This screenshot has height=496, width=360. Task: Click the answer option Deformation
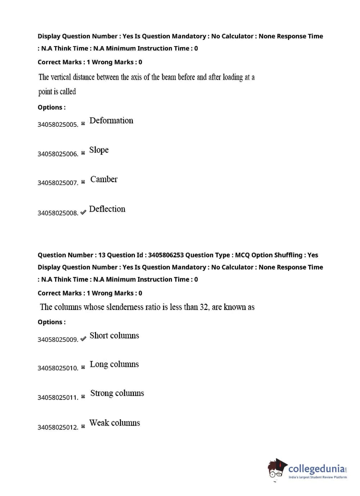coord(111,121)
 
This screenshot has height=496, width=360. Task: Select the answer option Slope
coord(99,150)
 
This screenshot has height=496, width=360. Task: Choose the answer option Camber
coord(104,179)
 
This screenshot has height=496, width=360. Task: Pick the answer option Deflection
coord(107,209)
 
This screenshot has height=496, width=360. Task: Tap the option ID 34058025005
coord(58,125)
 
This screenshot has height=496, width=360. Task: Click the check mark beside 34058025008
coord(83,212)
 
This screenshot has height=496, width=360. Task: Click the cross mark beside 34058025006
coord(83,153)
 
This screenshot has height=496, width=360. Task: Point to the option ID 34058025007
coord(58,183)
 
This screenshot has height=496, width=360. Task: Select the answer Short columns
coord(114,335)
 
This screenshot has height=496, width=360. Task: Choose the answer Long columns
coord(114,364)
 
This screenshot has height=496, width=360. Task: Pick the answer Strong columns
coord(117,393)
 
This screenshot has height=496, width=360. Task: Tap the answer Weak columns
coord(114,423)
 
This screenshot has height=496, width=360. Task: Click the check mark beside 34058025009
coord(83,339)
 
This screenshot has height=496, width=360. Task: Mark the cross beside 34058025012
coord(83,427)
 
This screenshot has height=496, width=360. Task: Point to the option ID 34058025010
coord(58,368)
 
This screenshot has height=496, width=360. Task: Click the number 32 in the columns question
coord(204,307)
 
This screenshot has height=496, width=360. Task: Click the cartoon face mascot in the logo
coord(276,469)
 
